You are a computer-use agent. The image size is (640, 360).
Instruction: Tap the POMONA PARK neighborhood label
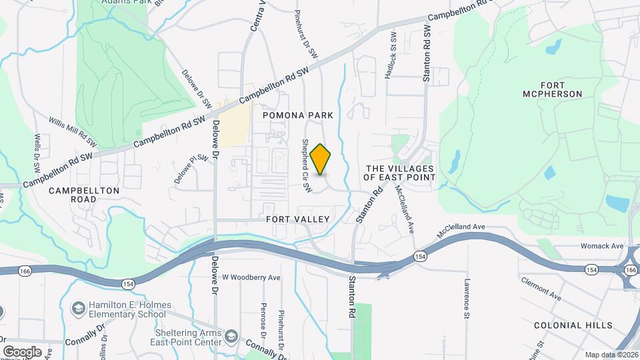click(x=297, y=115)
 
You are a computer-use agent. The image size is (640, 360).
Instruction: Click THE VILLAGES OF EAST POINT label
click(x=399, y=173)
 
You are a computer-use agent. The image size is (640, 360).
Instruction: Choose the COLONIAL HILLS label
click(x=573, y=325)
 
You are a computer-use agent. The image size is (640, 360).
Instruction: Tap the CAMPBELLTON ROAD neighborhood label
click(x=84, y=195)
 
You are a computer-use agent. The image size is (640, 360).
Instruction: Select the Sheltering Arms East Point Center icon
click(x=231, y=334)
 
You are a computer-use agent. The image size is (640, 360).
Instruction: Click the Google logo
click(x=22, y=351)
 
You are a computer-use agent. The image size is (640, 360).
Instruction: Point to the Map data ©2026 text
click(x=611, y=355)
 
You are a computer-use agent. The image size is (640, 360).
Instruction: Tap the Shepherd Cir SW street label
click(x=307, y=166)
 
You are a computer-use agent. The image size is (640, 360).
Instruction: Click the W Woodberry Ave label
click(x=252, y=277)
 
